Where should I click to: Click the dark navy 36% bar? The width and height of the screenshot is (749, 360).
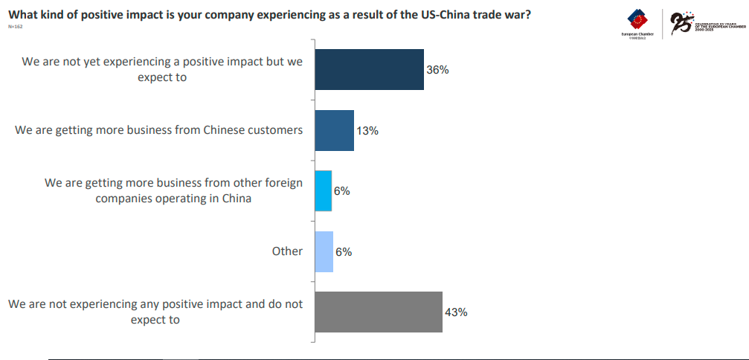click(369, 70)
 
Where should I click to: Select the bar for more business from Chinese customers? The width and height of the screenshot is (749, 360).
click(334, 130)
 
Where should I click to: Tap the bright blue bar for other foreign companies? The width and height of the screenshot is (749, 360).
click(323, 191)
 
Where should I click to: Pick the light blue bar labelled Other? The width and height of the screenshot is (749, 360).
click(324, 251)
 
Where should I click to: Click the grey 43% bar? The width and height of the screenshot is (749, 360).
click(379, 312)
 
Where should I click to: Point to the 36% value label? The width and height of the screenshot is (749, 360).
click(438, 70)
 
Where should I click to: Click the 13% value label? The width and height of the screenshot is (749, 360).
click(367, 131)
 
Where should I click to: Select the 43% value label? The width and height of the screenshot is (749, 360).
click(456, 312)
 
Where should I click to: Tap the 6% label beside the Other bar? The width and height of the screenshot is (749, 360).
click(343, 252)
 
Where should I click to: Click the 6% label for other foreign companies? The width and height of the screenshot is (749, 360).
click(341, 191)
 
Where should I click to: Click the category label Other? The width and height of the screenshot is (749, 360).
click(287, 251)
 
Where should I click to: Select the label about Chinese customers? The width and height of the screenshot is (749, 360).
click(159, 130)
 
